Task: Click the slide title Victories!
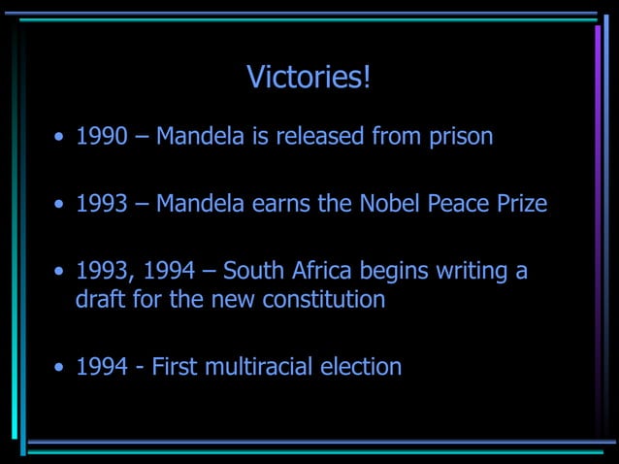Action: pyautogui.click(x=309, y=77)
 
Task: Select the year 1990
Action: pyautogui.click(x=102, y=136)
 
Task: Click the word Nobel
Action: pyautogui.click(x=385, y=204)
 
